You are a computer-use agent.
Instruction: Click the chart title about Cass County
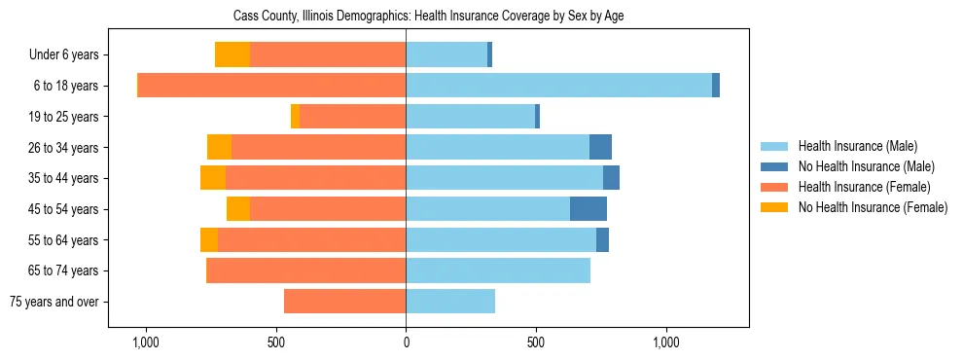pyautogui.click(x=435, y=17)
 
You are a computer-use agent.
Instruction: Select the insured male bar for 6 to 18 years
pyautogui.click(x=558, y=86)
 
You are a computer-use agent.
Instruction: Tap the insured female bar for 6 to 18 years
pyautogui.click(x=271, y=86)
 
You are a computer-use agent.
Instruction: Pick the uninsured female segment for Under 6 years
pyautogui.click(x=232, y=55)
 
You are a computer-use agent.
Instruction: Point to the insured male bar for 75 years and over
pyautogui.click(x=450, y=301)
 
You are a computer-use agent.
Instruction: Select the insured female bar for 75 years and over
pyautogui.click(x=345, y=301)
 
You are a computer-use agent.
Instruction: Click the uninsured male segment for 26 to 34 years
pyautogui.click(x=600, y=147)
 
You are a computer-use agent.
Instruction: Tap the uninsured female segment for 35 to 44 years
pyautogui.click(x=213, y=178)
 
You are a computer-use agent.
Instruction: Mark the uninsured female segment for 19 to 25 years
pyautogui.click(x=296, y=117)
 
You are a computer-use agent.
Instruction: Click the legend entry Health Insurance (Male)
pyautogui.click(x=857, y=146)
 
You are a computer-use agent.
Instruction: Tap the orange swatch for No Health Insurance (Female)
pyautogui.click(x=775, y=207)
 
